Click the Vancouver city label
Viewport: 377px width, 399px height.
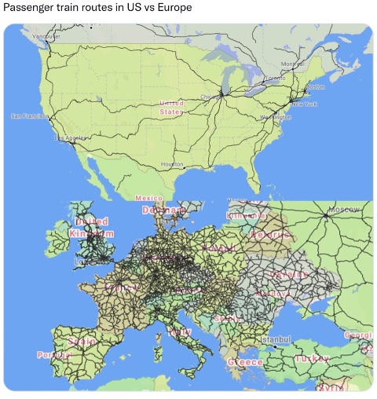(x=46, y=36)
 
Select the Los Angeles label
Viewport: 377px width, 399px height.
(x=71, y=138)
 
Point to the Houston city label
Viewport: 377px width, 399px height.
(x=171, y=164)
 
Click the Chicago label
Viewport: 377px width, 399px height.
(x=210, y=97)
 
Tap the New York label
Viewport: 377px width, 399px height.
(x=304, y=104)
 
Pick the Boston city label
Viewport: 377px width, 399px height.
(x=315, y=86)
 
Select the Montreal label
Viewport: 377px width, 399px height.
(x=292, y=64)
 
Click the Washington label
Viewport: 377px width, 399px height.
(x=276, y=117)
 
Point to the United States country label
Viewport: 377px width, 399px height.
(x=171, y=108)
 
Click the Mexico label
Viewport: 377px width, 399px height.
(x=148, y=198)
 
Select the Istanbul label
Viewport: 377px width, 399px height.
(x=276, y=339)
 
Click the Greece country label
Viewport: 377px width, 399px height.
(x=245, y=362)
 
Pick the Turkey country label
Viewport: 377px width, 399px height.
(x=311, y=359)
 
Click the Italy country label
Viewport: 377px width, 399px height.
(x=179, y=332)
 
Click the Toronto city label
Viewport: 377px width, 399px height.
(x=274, y=79)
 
